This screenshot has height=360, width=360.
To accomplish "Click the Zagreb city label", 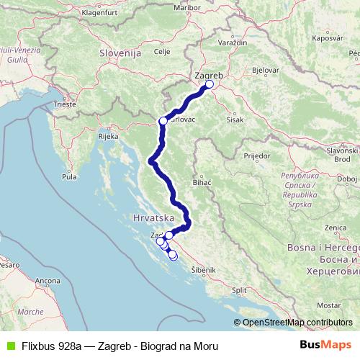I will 210,74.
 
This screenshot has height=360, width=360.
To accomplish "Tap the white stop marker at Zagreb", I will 210,84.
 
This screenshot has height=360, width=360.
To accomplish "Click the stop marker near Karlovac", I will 163,121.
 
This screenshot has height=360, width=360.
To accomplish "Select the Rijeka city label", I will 108,135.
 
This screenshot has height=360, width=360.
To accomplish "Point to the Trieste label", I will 65,104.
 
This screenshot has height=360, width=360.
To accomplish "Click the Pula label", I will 70,176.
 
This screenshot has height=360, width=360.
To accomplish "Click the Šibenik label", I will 203,269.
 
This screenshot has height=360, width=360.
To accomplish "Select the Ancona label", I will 48,280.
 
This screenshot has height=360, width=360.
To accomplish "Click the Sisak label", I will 235,120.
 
